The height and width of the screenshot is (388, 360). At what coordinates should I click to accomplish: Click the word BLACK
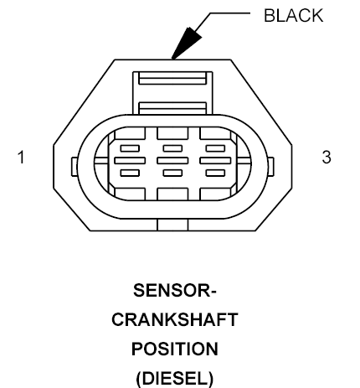click(x=293, y=16)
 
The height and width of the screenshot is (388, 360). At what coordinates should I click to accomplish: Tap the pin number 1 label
click(x=21, y=157)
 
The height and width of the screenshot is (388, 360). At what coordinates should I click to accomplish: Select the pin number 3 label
click(x=327, y=157)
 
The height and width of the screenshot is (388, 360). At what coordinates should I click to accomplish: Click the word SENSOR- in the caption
click(x=175, y=291)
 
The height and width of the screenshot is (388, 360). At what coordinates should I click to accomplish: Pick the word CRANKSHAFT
click(x=175, y=320)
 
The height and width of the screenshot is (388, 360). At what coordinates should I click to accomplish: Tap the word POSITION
click(x=175, y=349)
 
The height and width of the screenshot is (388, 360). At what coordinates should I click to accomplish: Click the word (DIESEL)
click(x=175, y=379)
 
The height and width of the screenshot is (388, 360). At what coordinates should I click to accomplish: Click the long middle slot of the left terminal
click(x=130, y=161)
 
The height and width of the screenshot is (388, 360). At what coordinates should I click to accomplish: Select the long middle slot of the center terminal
click(x=172, y=161)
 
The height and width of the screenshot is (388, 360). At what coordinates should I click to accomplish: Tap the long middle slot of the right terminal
click(x=215, y=161)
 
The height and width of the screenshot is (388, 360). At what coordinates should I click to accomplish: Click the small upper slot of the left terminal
click(x=130, y=148)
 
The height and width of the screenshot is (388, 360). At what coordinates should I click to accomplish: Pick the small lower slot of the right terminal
click(x=215, y=173)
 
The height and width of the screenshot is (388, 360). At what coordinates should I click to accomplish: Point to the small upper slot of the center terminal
click(x=172, y=148)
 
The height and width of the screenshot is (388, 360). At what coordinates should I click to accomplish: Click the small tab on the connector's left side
click(x=75, y=167)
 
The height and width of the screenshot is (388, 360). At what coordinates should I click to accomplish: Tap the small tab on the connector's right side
click(x=270, y=167)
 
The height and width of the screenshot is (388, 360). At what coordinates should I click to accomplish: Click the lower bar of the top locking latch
click(x=172, y=108)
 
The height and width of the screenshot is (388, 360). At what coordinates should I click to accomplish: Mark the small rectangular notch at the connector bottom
click(x=172, y=225)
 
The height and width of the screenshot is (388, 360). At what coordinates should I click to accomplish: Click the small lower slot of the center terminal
click(x=172, y=173)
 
